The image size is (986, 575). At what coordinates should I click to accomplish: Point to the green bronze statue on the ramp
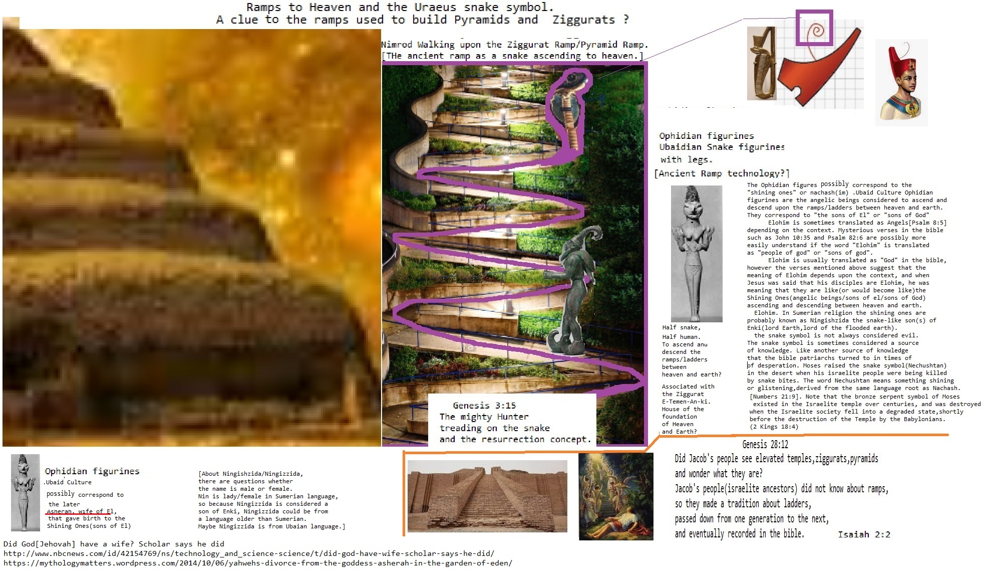[x=573, y=291]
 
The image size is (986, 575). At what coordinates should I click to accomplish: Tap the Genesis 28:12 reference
[x=765, y=444]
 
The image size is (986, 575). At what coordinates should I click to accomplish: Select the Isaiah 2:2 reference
[x=864, y=534]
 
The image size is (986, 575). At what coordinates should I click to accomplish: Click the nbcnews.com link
[x=249, y=553]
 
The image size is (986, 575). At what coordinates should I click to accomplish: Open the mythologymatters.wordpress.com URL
[x=258, y=563]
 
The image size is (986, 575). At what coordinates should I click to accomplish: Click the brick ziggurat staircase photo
[x=487, y=496]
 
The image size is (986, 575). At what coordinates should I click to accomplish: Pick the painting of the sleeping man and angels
[x=616, y=496]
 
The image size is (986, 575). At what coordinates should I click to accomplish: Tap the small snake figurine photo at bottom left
[x=25, y=492]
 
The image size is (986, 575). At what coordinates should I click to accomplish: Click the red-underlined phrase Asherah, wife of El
[x=80, y=511]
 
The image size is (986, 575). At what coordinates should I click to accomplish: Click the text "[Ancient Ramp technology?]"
[x=722, y=173]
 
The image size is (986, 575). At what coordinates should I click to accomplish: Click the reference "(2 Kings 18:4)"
[x=774, y=427]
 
